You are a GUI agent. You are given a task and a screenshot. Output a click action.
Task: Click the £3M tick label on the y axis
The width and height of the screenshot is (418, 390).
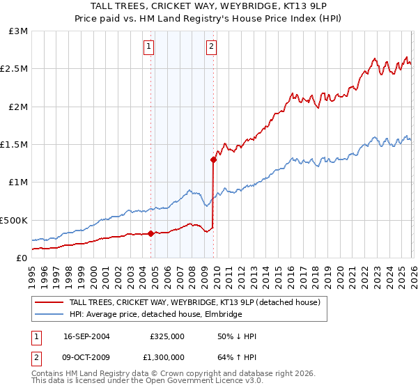19,31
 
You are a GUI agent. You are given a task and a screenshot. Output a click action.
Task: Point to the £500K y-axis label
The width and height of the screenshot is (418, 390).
14,220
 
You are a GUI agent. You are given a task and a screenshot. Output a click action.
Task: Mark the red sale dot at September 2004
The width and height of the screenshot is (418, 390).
151,233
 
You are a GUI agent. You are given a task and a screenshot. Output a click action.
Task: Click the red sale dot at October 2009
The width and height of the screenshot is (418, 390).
213,159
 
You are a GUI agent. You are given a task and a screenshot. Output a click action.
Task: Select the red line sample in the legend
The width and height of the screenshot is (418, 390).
49,303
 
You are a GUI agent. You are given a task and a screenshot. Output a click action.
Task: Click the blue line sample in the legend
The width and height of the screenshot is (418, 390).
49,314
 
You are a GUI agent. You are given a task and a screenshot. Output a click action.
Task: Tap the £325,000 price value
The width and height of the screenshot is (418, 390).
167,336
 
